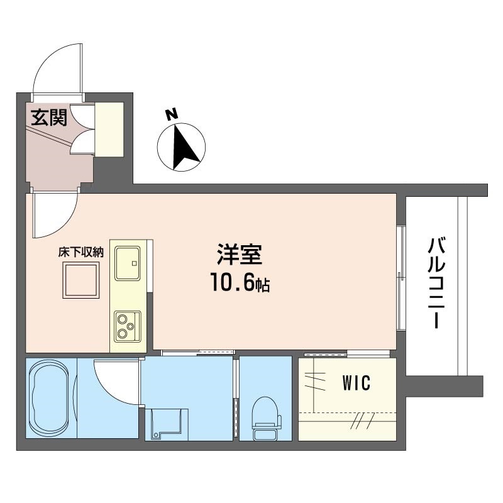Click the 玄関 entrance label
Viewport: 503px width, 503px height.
pos(49,118)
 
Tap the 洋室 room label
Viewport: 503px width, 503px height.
pos(240,255)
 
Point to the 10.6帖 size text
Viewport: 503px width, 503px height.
pos(240,282)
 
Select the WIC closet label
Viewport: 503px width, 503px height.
pos(357,383)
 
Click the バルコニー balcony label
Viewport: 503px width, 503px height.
pos(436,284)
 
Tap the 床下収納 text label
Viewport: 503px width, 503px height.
pos(81,252)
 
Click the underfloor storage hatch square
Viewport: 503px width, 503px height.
pos(81,280)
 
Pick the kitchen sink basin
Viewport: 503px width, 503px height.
pos(128,263)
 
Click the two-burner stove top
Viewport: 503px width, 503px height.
pos(128,326)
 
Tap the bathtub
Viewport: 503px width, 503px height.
pos(49,398)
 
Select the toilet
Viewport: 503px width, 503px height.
pos(266,418)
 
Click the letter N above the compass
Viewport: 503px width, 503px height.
pos(171,114)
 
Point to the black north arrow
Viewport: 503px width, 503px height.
pos(184,147)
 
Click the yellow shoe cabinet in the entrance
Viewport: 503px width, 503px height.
pos(109,130)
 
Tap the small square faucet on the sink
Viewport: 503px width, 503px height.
pos(135,263)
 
